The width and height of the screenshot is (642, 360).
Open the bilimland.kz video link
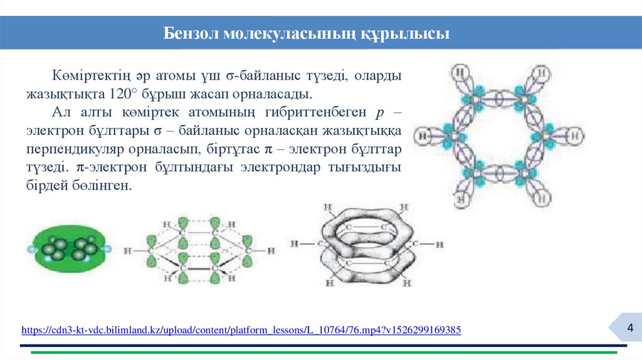[x=241, y=329]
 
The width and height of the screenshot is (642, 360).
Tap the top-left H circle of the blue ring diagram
[x=462, y=72]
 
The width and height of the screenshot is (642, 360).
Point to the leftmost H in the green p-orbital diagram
[x=128, y=250]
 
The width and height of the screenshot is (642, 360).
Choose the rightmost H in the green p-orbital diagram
[x=270, y=251]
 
